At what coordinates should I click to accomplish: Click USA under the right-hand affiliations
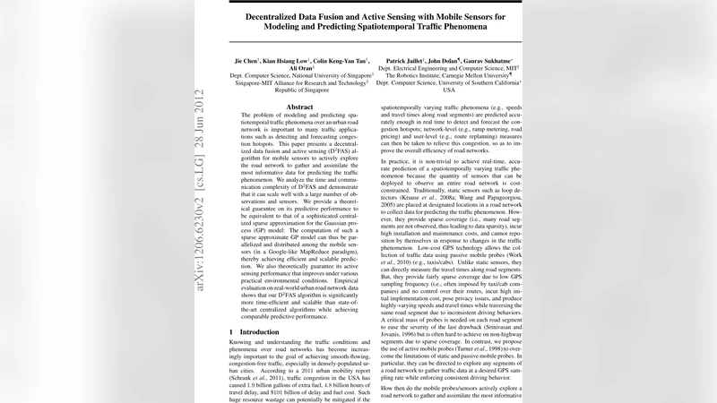tap(449, 90)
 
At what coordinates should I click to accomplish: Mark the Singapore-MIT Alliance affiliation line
tap(298, 84)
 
